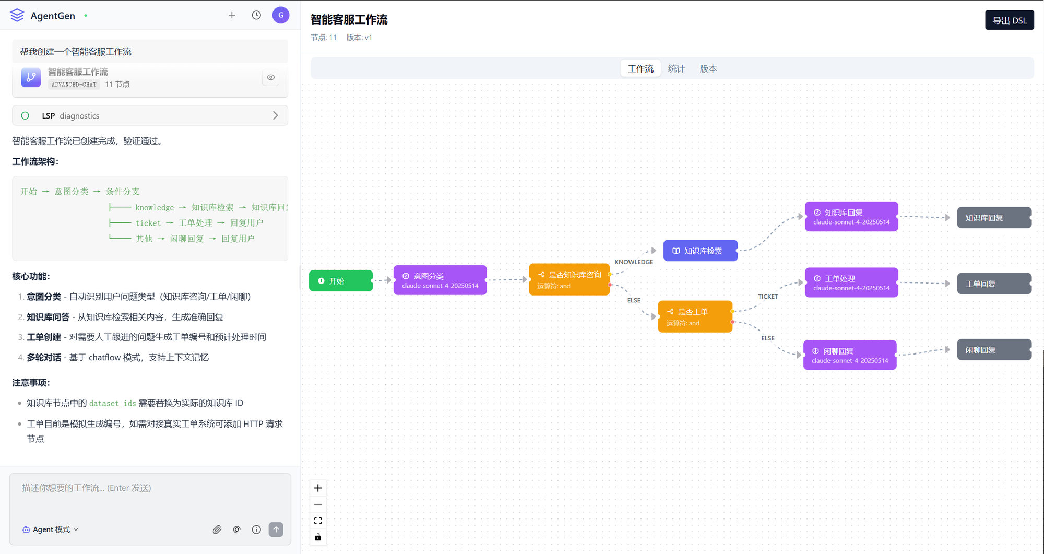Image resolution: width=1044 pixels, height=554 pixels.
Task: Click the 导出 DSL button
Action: [x=1009, y=20]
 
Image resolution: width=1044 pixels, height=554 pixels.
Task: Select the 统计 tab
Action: [x=676, y=68]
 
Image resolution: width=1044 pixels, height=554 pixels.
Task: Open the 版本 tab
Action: [x=708, y=68]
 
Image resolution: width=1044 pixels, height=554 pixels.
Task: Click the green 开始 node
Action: [x=341, y=281]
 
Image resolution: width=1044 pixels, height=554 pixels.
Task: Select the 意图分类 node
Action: [x=440, y=280]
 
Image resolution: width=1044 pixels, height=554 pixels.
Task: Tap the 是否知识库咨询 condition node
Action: [x=569, y=279]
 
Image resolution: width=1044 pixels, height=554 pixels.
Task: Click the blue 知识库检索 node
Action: [x=701, y=251]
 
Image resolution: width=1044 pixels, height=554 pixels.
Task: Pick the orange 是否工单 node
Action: [x=695, y=316]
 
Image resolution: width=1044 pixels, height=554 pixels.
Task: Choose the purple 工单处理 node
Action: [x=851, y=282]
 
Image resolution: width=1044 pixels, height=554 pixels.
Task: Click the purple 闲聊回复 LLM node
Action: [x=850, y=355]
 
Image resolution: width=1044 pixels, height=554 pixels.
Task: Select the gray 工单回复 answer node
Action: [x=994, y=284]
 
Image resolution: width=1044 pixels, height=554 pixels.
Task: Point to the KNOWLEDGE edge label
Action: [x=634, y=262]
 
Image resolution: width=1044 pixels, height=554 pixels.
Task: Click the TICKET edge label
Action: [x=768, y=297]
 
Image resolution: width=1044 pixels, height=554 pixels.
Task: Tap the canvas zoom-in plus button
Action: [x=318, y=488]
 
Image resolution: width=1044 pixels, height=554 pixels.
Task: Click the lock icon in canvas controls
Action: [x=318, y=537]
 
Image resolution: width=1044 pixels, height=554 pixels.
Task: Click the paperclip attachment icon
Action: [x=217, y=529]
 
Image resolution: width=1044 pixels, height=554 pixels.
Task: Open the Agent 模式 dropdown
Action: [x=51, y=529]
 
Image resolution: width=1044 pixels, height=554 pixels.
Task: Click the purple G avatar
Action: [x=281, y=15]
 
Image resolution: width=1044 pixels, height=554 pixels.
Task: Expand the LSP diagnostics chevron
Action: [x=276, y=115]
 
